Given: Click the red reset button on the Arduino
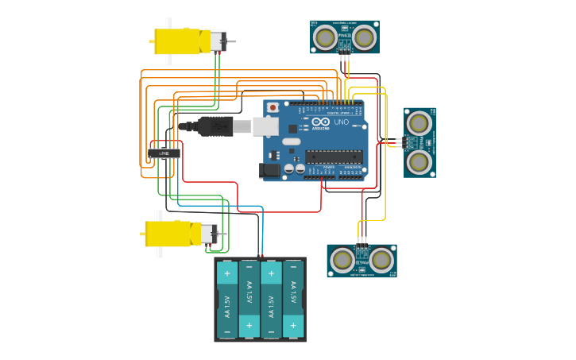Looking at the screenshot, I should (x=273, y=106).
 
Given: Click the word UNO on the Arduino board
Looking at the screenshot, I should (x=341, y=122).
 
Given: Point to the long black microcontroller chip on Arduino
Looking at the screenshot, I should (x=334, y=156).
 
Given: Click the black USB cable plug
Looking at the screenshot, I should (x=214, y=126).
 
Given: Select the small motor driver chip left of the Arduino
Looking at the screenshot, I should (x=164, y=153).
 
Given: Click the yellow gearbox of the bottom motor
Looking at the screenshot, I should (x=168, y=234).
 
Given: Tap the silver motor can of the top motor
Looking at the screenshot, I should (x=217, y=41).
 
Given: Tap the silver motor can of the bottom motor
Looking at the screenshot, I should (x=207, y=234).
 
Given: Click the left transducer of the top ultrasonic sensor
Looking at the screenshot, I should (x=325, y=37).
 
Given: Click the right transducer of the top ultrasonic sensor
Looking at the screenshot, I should (x=364, y=37).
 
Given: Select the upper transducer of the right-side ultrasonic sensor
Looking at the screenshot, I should (x=419, y=122).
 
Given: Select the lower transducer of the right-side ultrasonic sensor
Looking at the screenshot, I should (x=419, y=162).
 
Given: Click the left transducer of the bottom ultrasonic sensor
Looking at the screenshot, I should (x=342, y=260).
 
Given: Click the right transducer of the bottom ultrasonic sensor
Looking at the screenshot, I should (x=381, y=260).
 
